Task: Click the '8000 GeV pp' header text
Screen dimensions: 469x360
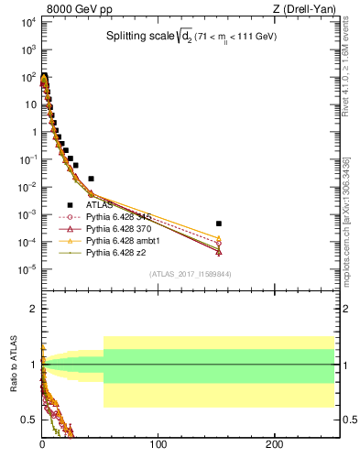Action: coord(72,9)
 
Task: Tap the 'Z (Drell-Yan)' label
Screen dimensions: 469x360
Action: coord(295,9)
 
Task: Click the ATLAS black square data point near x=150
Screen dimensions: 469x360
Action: coord(218,224)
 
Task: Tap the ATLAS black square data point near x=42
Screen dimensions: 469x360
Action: coord(92,179)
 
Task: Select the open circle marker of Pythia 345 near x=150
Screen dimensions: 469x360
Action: coord(218,244)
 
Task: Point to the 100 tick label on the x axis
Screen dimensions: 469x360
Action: coord(158,444)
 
